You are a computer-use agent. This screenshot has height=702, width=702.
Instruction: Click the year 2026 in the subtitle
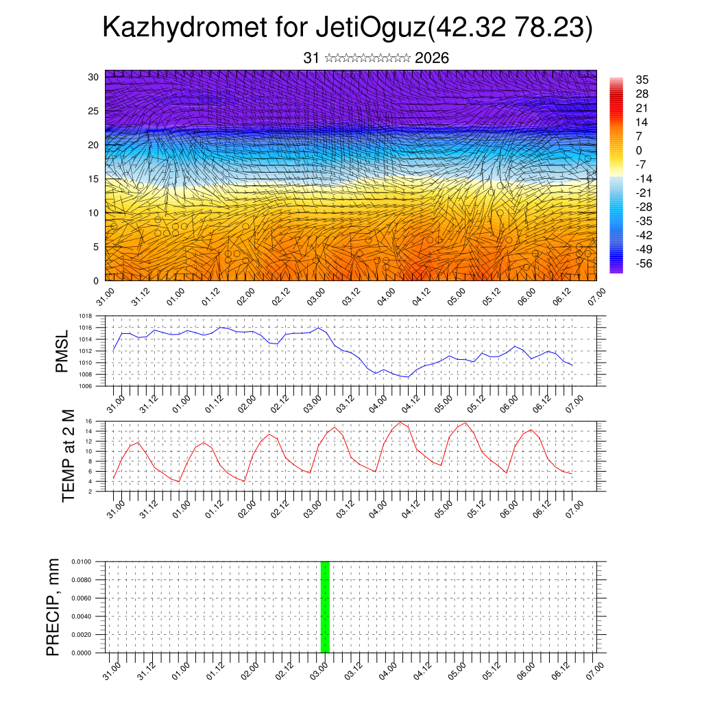(432, 58)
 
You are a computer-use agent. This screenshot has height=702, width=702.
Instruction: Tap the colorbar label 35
(642, 80)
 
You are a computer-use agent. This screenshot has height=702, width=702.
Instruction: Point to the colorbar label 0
(639, 150)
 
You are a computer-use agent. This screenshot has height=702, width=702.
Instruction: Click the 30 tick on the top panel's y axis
(93, 77)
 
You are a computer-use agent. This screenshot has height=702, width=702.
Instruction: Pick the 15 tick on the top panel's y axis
(93, 179)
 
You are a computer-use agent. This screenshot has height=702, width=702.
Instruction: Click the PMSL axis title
(62, 351)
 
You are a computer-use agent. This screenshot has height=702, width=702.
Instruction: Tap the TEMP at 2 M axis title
(69, 456)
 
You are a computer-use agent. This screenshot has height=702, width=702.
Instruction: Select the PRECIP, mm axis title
(53, 607)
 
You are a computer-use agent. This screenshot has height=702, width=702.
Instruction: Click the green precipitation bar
(326, 607)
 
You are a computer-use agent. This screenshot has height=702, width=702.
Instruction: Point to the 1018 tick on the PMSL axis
(85, 316)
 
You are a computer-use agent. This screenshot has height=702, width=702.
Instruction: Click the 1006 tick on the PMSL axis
(85, 386)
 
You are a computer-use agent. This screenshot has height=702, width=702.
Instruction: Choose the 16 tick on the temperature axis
(88, 421)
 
